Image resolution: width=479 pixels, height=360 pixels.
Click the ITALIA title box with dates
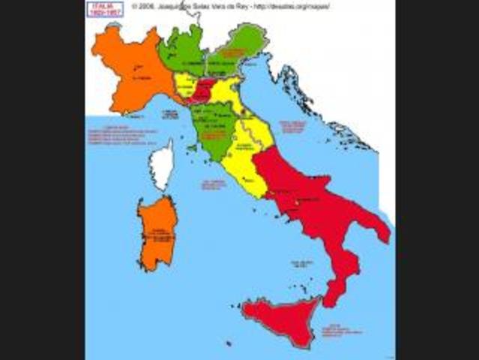106,9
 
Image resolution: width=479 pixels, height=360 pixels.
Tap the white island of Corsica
161,166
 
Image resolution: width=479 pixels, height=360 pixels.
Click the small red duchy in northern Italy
201,91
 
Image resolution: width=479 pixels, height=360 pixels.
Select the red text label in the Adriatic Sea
293,126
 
